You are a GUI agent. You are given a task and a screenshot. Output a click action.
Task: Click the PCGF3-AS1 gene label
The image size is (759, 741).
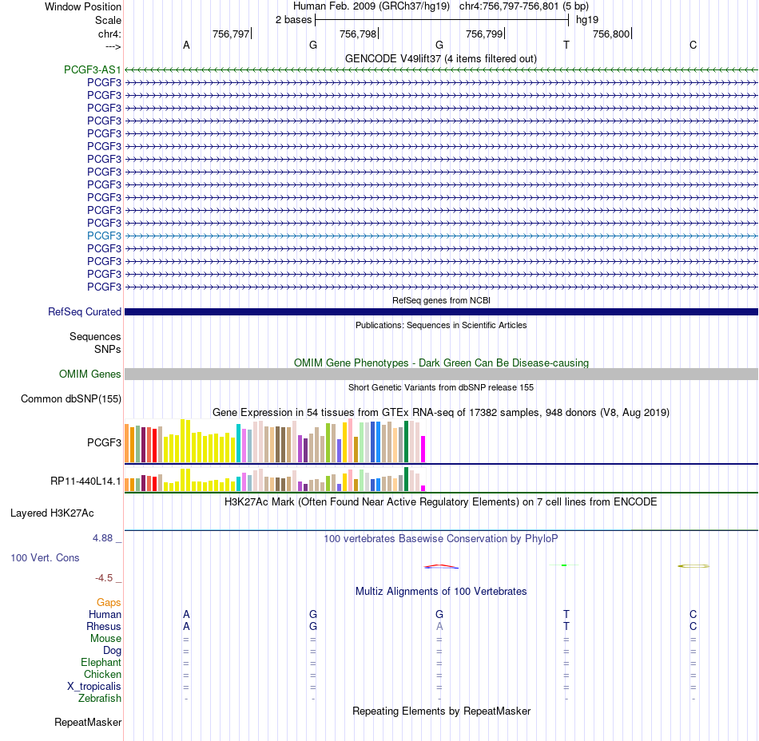pyautogui.click(x=93, y=69)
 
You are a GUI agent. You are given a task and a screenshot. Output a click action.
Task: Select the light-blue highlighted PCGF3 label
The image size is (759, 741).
pyautogui.click(x=104, y=236)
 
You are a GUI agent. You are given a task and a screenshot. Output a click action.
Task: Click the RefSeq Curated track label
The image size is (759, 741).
pyautogui.click(x=85, y=312)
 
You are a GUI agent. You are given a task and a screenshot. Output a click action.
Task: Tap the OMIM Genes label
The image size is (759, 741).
pyautogui.click(x=90, y=374)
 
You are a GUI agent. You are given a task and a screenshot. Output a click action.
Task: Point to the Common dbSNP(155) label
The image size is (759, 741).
pyautogui.click(x=71, y=399)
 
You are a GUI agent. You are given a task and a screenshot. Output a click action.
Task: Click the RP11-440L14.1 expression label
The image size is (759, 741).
pyautogui.click(x=85, y=481)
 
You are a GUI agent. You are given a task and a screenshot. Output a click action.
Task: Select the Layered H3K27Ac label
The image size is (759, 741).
pyautogui.click(x=52, y=513)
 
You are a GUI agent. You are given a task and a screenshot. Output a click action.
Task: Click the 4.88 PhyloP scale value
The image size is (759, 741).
pyautogui.click(x=102, y=538)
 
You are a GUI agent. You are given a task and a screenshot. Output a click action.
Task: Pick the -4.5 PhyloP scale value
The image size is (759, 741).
pyautogui.click(x=104, y=578)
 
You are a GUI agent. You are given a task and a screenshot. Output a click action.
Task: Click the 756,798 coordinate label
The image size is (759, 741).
pyautogui.click(x=358, y=34)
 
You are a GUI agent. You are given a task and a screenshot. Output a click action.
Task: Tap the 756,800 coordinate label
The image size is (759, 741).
pyautogui.click(x=611, y=34)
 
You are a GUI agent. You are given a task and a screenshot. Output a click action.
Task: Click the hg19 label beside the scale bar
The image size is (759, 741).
pyautogui.click(x=587, y=20)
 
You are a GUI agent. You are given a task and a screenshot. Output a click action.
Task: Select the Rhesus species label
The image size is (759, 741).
pyautogui.click(x=104, y=626)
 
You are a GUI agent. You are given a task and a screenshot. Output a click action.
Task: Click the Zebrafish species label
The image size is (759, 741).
pyautogui.click(x=100, y=699)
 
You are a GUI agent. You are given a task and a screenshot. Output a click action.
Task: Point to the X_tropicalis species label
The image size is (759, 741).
pyautogui.click(x=94, y=687)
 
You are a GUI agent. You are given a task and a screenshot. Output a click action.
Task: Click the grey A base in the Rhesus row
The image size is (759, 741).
pyautogui.click(x=439, y=626)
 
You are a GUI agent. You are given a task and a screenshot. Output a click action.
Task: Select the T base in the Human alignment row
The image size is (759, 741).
pyautogui.click(x=566, y=614)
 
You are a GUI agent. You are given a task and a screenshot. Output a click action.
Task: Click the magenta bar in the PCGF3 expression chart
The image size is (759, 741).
pyautogui.click(x=423, y=450)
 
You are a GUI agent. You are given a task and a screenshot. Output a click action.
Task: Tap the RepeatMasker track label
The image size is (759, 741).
pyautogui.click(x=88, y=722)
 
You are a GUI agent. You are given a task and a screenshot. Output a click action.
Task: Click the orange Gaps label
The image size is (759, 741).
pyautogui.click(x=109, y=602)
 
